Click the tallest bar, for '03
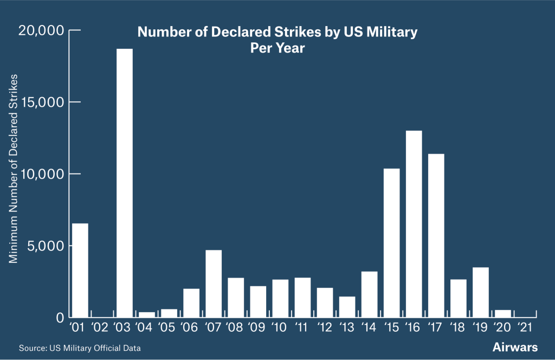(x=124, y=183)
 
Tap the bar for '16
(x=414, y=223)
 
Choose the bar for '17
(x=436, y=235)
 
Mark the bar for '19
(x=480, y=292)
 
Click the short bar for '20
(x=502, y=313)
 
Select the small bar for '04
(x=146, y=314)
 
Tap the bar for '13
(x=347, y=306)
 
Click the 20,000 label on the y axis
(x=41, y=30)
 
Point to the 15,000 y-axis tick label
(x=41, y=102)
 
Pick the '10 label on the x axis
(x=279, y=327)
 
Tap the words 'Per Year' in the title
(x=277, y=48)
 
